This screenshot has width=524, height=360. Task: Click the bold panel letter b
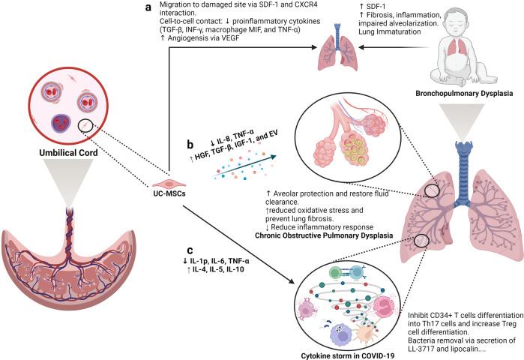point(191,140)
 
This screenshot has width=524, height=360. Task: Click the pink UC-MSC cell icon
point(169,182)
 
